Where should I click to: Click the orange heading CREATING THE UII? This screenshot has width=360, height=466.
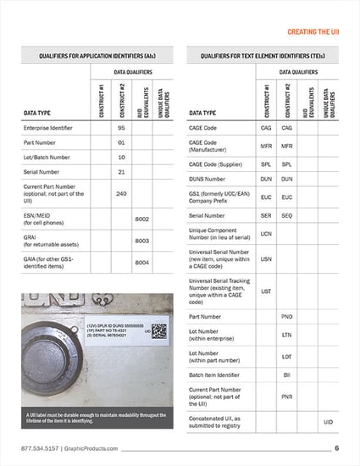pyautogui.click(x=313, y=31)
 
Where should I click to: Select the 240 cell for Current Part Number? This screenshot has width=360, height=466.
pyautogui.click(x=121, y=194)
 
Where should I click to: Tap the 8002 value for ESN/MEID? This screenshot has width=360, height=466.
pyautogui.click(x=141, y=219)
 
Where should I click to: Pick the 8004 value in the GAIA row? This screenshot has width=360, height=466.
pyautogui.click(x=141, y=263)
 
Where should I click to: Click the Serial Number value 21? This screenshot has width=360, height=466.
pyautogui.click(x=121, y=172)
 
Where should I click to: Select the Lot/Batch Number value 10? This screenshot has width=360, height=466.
pyautogui.click(x=121, y=158)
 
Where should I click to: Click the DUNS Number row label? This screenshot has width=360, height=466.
pyautogui.click(x=208, y=179)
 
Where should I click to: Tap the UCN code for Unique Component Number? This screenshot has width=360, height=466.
pyautogui.click(x=266, y=234)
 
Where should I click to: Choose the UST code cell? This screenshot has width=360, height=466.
pyautogui.click(x=266, y=291)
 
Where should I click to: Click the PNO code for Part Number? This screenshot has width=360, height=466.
pyautogui.click(x=286, y=317)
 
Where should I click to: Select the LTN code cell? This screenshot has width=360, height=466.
pyautogui.click(x=286, y=335)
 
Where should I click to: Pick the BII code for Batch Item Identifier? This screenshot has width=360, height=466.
pyautogui.click(x=286, y=374)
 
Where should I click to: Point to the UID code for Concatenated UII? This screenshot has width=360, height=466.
pyautogui.click(x=328, y=421)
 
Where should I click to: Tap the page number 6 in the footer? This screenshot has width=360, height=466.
pyautogui.click(x=336, y=448)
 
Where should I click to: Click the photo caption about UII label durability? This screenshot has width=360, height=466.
pyautogui.click(x=93, y=416)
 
